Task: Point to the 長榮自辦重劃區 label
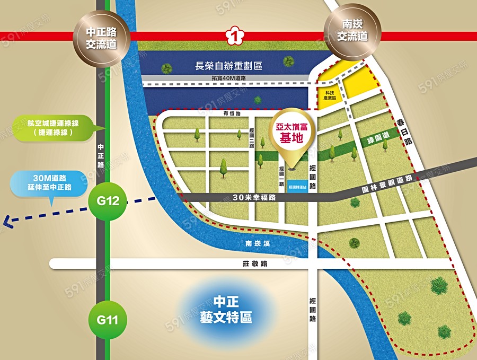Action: [x=229, y=66]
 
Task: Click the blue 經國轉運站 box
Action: [x=297, y=187]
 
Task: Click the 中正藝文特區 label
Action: [x=226, y=310]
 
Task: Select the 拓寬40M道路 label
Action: [x=228, y=78]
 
